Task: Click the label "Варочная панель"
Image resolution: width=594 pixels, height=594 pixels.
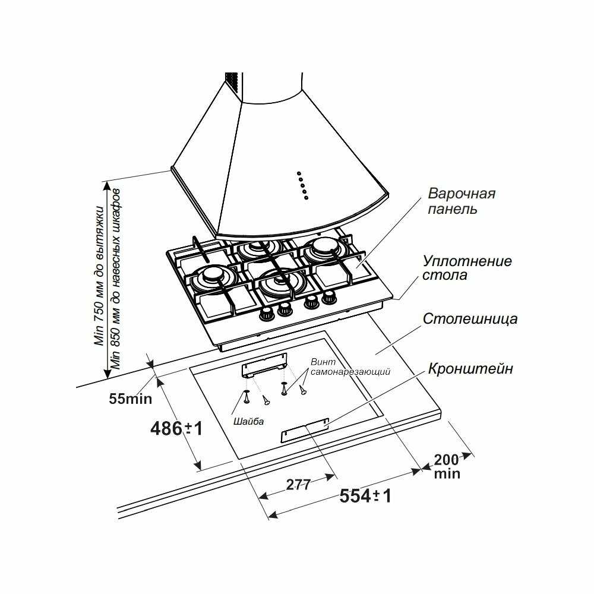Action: [x=462, y=201]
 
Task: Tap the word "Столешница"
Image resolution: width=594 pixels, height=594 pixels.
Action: [x=470, y=318]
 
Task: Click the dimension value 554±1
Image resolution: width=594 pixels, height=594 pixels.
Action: [x=365, y=496]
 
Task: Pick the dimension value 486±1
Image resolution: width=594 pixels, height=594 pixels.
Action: [x=176, y=427]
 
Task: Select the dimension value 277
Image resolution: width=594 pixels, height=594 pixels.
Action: [x=298, y=484]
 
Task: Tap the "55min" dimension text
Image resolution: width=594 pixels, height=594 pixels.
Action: [x=130, y=398]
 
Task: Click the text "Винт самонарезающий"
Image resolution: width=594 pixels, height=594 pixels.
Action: [x=350, y=367]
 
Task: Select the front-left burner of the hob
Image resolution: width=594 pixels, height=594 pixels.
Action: [x=213, y=277]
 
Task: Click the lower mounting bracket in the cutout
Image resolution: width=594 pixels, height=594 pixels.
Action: [x=305, y=429]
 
